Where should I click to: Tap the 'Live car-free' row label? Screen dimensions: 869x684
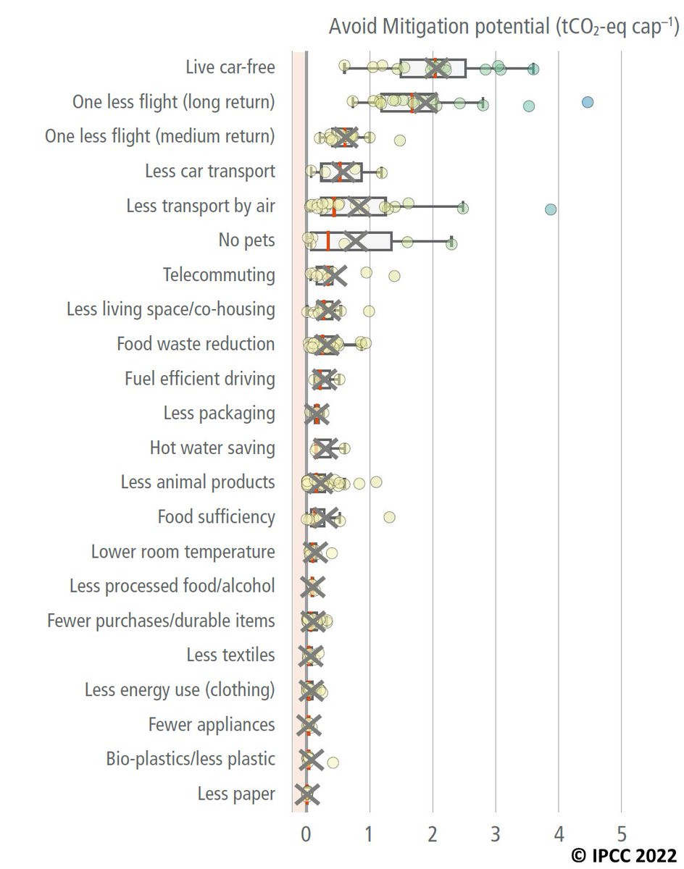(x=230, y=67)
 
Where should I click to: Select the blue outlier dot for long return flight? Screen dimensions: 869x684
(x=588, y=102)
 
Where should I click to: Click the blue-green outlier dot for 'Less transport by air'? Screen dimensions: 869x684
(x=551, y=209)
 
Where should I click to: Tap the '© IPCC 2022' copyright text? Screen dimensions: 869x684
(x=624, y=855)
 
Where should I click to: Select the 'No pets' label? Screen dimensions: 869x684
(x=246, y=240)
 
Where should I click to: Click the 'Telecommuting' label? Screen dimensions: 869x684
(x=219, y=275)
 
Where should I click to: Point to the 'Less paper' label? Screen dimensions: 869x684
(x=236, y=794)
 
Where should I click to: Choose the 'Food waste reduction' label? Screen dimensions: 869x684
(x=196, y=344)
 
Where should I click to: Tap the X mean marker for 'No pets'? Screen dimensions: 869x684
(x=356, y=241)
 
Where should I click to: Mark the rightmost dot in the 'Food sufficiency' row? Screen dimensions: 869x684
(x=389, y=517)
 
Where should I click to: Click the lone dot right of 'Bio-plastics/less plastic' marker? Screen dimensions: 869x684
(x=333, y=762)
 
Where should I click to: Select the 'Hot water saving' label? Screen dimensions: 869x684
(x=212, y=448)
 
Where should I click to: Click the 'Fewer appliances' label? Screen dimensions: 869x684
(x=212, y=725)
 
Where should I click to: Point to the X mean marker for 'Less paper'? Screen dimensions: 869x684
(x=306, y=794)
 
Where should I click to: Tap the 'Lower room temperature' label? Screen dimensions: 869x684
(x=183, y=552)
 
